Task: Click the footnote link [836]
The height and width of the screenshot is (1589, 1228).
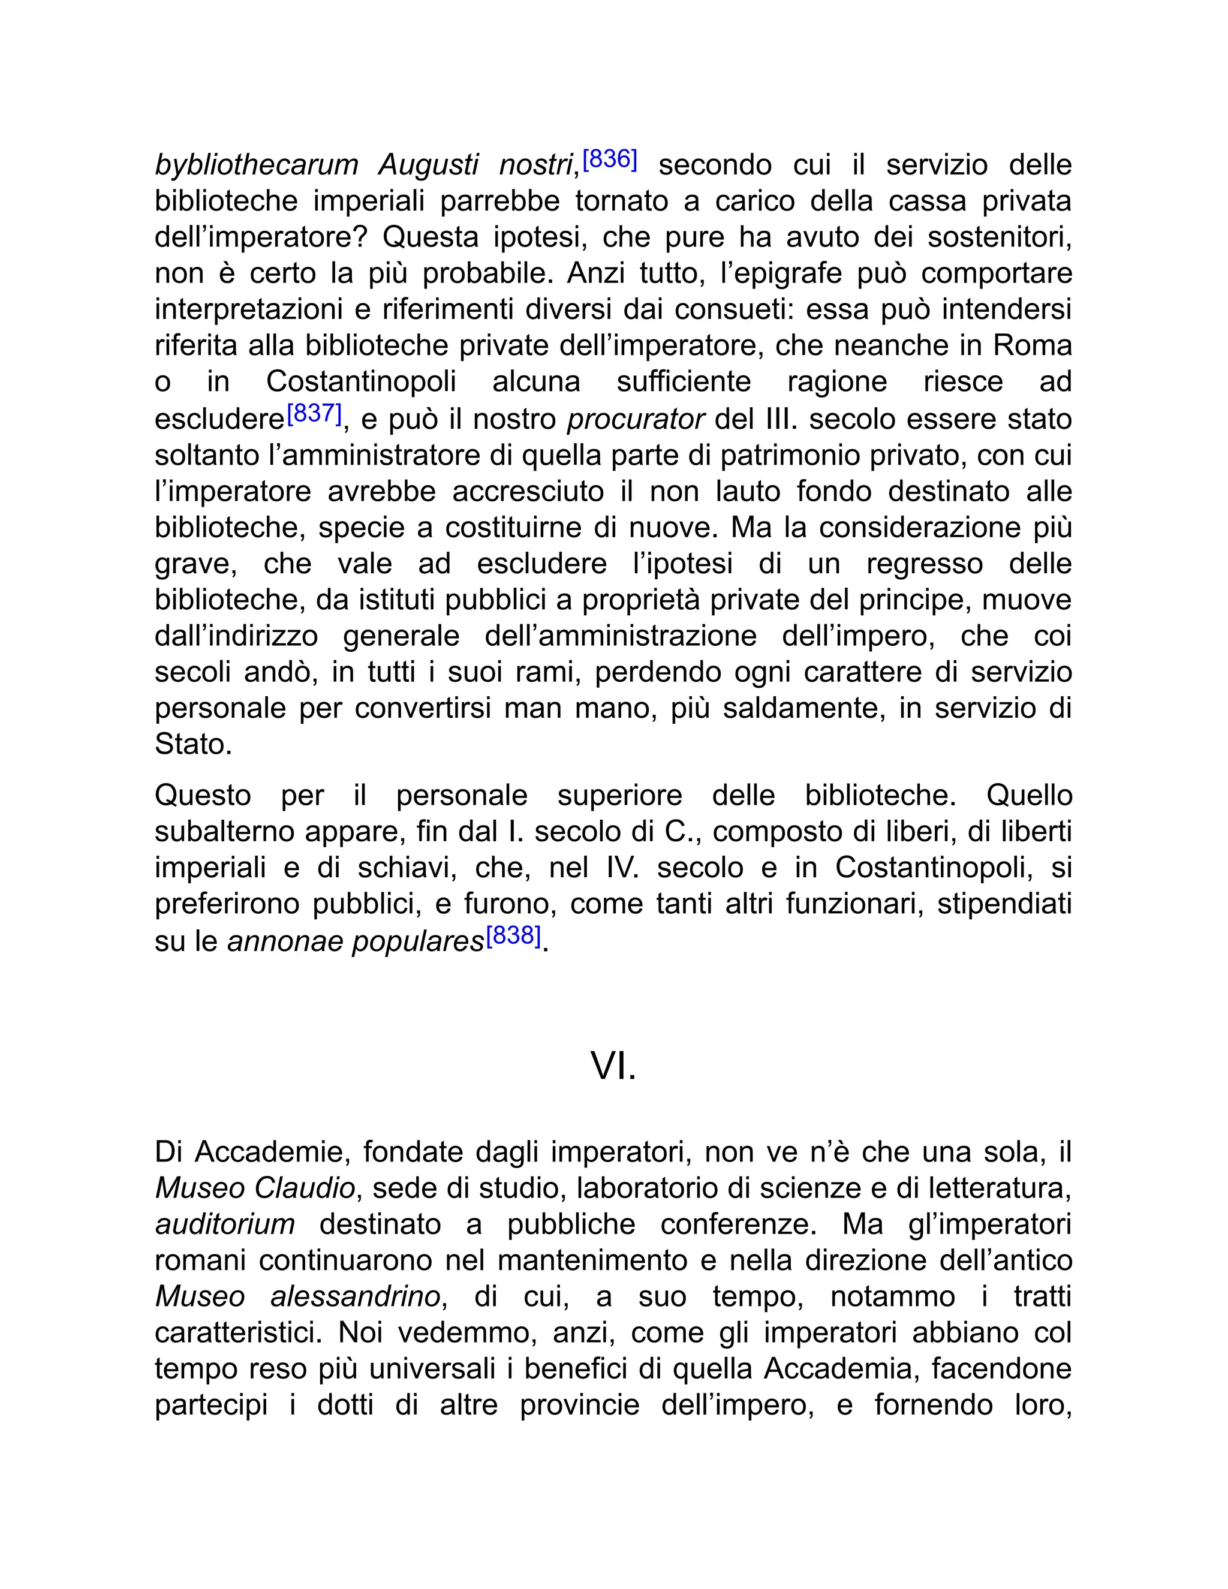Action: pos(610,159)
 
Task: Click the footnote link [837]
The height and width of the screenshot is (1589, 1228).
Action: pos(314,414)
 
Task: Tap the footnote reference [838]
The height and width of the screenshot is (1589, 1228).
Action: pos(514,935)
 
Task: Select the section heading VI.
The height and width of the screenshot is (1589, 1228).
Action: pos(613,1067)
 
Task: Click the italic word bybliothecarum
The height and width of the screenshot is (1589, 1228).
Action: pos(256,165)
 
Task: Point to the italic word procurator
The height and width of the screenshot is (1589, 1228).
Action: pos(635,420)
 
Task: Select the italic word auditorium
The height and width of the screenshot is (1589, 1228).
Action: pos(225,1224)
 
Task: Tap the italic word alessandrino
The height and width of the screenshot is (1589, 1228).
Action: pos(355,1297)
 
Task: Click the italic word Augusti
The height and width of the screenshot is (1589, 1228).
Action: pos(428,165)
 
